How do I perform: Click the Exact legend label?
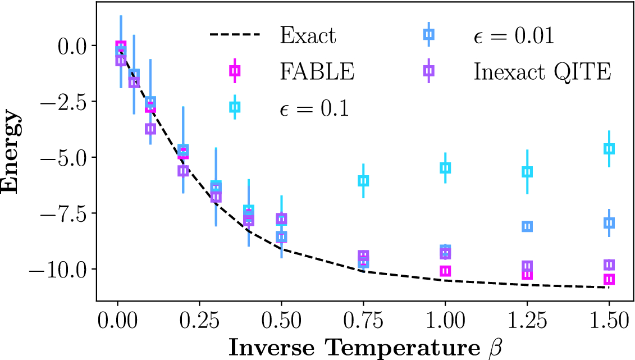tap(308, 36)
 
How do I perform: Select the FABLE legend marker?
tap(235, 71)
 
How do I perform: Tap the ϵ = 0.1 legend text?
tap(314, 107)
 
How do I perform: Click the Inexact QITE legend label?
tap(542, 71)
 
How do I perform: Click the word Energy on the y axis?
tap(12, 153)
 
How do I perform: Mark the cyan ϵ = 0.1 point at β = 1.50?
tap(609, 149)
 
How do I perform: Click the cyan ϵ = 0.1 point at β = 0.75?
tap(363, 180)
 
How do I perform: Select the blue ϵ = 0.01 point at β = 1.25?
tap(527, 226)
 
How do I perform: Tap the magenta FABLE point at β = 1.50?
tap(609, 279)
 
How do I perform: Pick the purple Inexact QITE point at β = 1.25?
tap(527, 266)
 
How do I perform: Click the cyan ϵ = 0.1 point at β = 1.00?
tap(445, 168)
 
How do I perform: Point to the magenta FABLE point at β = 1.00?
tap(445, 271)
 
